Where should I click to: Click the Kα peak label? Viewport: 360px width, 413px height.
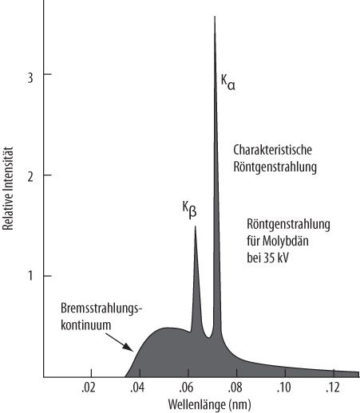point(227,81)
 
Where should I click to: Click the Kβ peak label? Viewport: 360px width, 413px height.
point(189,210)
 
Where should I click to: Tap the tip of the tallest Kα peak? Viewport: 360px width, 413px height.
point(215,17)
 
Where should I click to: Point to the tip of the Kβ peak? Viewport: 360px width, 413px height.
point(195,227)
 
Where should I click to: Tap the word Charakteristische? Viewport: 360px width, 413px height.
point(271,149)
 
